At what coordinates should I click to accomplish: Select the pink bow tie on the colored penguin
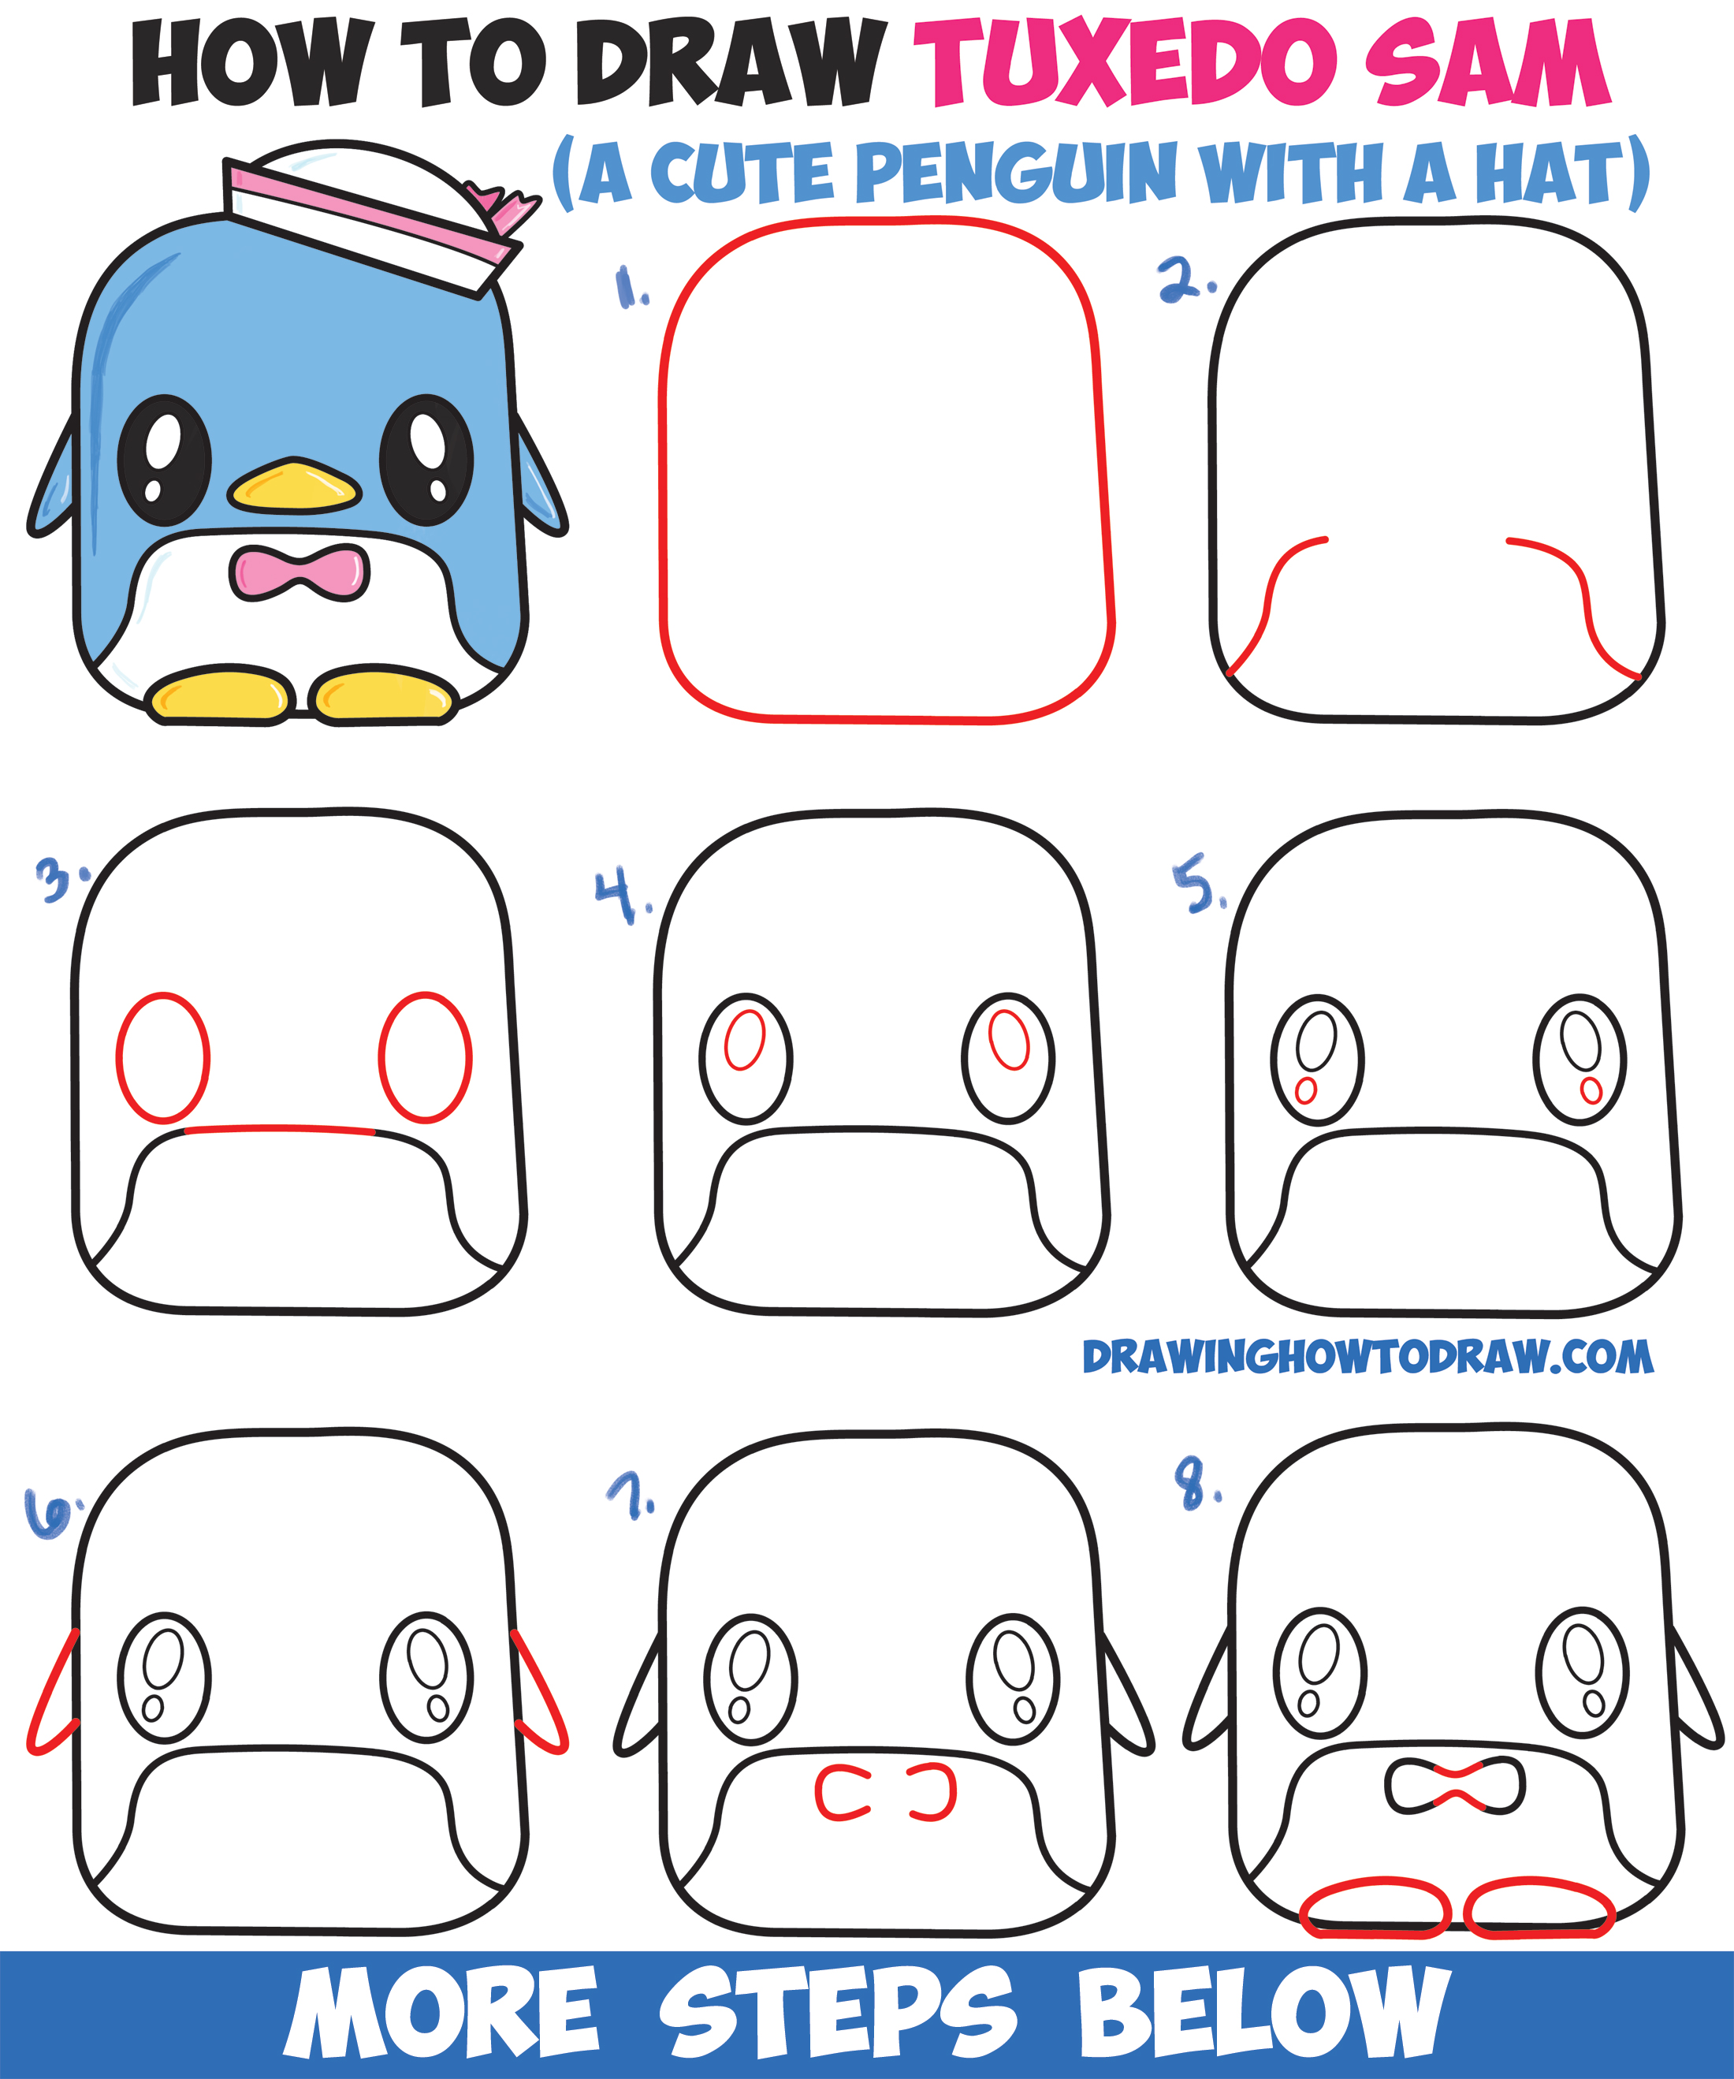300,573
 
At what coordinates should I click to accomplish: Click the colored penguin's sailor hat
367,213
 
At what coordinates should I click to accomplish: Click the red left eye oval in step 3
162,1057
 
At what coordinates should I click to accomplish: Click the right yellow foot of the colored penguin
383,695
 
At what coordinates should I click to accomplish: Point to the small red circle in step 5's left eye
1305,1091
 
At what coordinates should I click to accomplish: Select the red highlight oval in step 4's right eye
1010,1039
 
